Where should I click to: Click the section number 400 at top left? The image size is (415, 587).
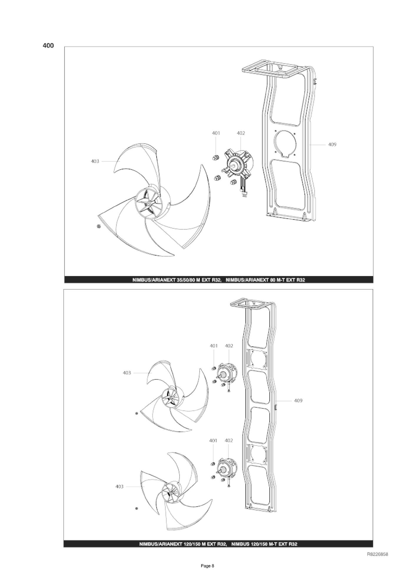pyautogui.click(x=48, y=46)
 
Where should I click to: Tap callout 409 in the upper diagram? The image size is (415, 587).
pyautogui.click(x=332, y=144)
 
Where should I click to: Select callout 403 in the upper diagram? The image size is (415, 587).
pyautogui.click(x=95, y=161)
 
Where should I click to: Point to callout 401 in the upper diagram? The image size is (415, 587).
pyautogui.click(x=216, y=133)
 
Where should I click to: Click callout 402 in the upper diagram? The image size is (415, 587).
pyautogui.click(x=241, y=133)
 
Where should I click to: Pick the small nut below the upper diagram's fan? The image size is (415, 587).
pyautogui.click(x=99, y=226)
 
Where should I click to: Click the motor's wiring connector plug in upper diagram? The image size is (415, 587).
pyautogui.click(x=244, y=194)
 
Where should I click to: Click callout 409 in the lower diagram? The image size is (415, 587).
pyautogui.click(x=298, y=400)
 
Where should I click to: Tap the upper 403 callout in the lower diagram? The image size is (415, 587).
pyautogui.click(x=127, y=373)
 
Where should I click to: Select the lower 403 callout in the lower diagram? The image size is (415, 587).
pyautogui.click(x=119, y=486)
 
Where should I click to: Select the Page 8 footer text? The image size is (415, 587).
pyautogui.click(x=207, y=574)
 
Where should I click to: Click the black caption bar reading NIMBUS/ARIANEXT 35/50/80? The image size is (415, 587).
pyautogui.click(x=219, y=280)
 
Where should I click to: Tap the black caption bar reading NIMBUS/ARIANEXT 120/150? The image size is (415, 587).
pyautogui.click(x=218, y=544)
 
